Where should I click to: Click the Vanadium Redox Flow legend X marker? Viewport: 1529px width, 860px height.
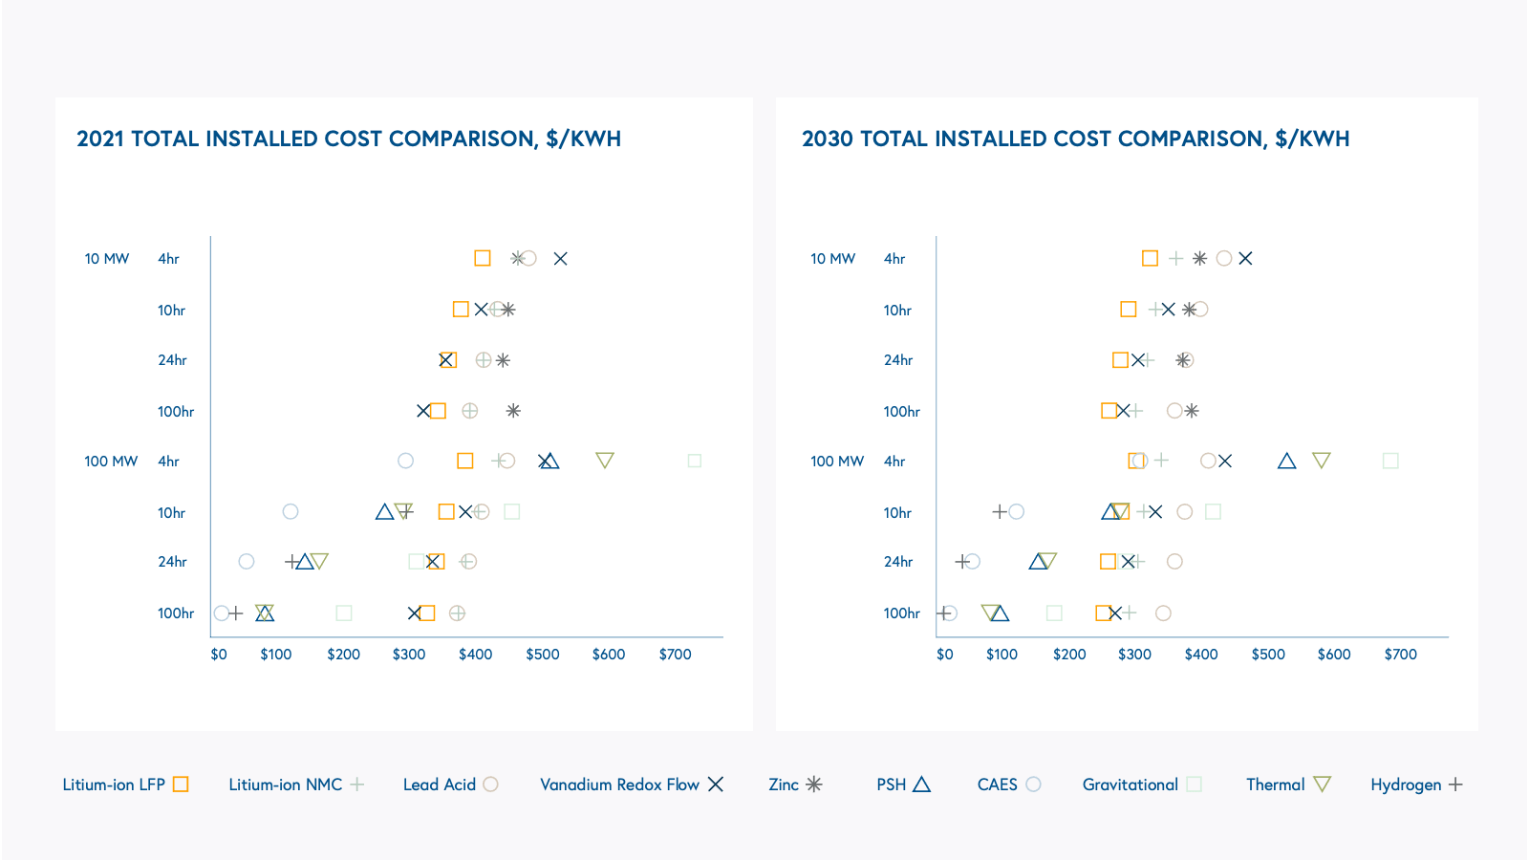click(716, 785)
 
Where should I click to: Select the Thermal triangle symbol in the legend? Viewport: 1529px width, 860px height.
click(1322, 785)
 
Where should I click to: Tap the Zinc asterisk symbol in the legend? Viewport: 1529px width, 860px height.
click(813, 785)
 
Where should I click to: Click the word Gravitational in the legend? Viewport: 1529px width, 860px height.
click(1130, 785)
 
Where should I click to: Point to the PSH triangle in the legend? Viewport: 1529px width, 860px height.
click(921, 785)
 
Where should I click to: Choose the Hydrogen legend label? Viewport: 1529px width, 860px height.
click(1405, 785)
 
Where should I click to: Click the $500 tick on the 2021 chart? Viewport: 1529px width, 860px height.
click(543, 655)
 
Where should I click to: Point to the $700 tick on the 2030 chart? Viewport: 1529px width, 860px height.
click(1400, 655)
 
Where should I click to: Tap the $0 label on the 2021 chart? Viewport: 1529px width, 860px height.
click(219, 655)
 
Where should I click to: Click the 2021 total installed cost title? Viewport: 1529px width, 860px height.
click(349, 139)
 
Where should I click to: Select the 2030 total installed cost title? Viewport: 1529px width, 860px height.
click(1075, 139)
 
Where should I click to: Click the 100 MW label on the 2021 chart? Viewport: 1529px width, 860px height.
click(111, 462)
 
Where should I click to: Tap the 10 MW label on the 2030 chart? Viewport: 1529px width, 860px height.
click(832, 259)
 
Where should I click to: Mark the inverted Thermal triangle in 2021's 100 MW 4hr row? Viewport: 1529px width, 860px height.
click(604, 461)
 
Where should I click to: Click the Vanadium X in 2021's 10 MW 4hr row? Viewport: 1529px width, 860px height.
click(561, 259)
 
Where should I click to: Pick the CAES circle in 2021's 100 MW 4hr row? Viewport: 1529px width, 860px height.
click(405, 461)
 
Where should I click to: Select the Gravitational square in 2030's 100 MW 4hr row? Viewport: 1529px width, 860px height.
click(1390, 461)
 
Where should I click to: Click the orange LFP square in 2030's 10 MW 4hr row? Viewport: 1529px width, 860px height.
click(1150, 259)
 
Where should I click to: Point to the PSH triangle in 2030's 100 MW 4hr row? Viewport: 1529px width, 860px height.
click(1286, 461)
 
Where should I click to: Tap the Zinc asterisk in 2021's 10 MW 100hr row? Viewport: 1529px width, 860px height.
click(513, 411)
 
